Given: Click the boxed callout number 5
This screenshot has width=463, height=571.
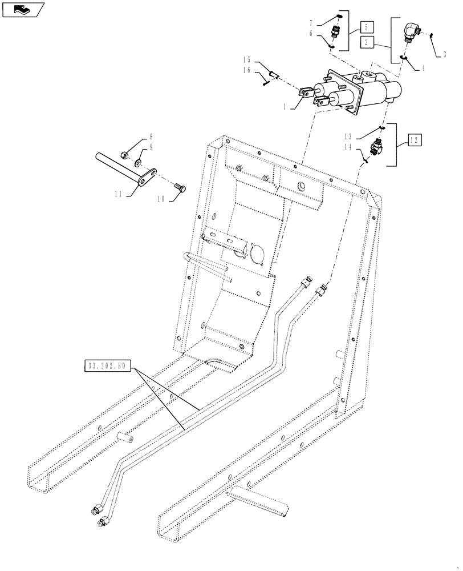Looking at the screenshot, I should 367,26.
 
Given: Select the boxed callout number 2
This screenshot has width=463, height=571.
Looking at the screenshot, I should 367,41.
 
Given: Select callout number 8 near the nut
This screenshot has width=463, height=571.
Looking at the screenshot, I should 151,137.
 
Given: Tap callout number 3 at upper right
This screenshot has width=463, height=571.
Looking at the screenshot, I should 442,55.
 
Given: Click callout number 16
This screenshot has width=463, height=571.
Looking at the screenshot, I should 247,70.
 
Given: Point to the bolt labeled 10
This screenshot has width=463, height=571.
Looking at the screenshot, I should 180,187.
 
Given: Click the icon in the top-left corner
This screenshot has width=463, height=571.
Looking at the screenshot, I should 22,8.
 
